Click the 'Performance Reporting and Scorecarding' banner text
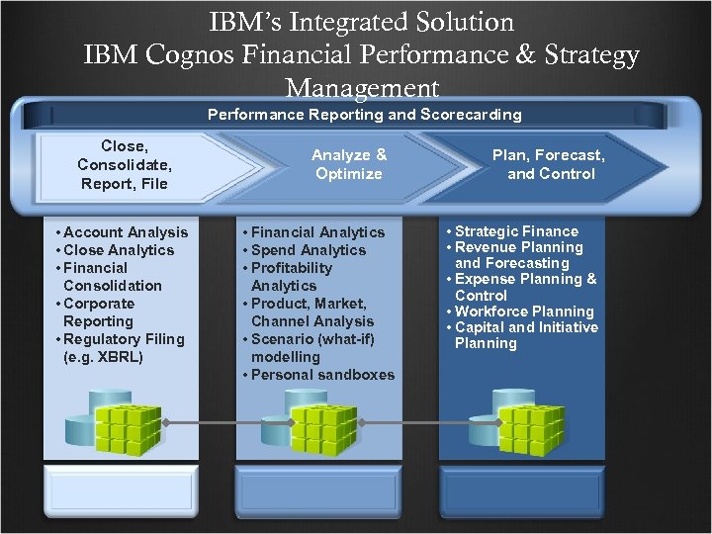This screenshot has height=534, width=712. (364, 115)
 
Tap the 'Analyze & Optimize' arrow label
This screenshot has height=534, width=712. (348, 164)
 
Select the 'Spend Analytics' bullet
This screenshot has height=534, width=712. (308, 250)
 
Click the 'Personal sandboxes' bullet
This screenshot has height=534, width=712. (321, 375)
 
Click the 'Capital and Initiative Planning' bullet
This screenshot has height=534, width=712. (525, 335)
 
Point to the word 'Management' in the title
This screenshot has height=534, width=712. (362, 87)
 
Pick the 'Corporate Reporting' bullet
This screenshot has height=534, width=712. (98, 312)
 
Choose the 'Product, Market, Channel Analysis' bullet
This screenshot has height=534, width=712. (311, 312)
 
